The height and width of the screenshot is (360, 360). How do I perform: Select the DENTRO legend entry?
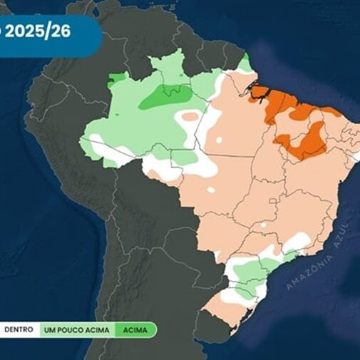pos(19,329)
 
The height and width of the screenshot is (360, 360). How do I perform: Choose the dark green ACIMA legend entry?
pos(135,329)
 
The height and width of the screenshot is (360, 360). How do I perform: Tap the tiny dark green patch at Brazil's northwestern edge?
pos(115,80)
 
